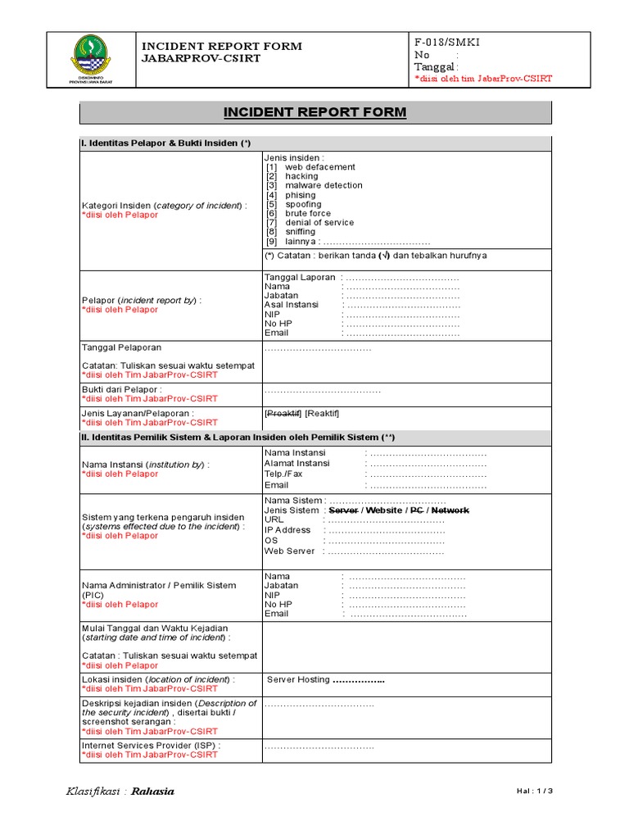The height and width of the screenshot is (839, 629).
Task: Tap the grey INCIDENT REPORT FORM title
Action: click(x=315, y=112)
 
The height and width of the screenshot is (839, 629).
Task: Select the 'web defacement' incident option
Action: click(x=319, y=167)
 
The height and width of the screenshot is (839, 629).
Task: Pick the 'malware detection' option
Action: click(x=324, y=185)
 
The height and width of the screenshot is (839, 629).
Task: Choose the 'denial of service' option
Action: click(x=319, y=222)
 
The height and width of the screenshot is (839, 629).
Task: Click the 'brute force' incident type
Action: click(x=308, y=213)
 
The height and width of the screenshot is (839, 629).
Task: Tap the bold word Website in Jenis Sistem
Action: click(x=385, y=510)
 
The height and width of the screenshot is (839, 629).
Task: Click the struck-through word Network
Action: click(x=450, y=510)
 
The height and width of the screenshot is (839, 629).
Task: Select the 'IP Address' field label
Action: click(x=287, y=530)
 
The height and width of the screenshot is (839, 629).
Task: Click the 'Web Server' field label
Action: click(x=289, y=551)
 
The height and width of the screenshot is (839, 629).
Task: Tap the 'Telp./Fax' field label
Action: click(x=283, y=474)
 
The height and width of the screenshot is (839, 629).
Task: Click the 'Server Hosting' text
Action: click(x=298, y=680)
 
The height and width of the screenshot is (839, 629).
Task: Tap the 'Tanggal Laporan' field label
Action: click(x=300, y=278)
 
